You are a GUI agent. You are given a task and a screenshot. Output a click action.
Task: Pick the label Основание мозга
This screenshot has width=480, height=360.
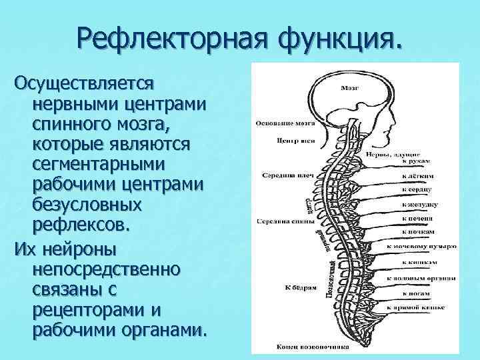tap(279, 123)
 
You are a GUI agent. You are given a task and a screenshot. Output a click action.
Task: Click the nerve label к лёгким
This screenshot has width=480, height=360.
tap(419, 177)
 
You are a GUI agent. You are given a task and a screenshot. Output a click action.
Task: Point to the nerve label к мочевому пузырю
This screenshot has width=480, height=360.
tap(422, 246)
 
